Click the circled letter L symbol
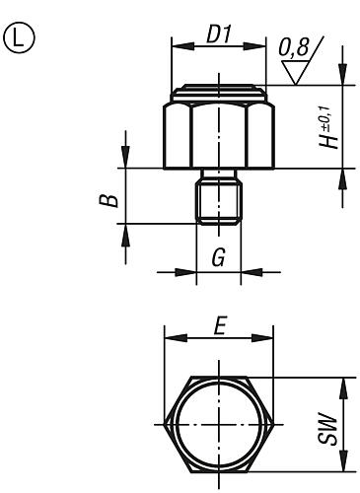click(20, 39)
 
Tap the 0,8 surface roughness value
click(294, 47)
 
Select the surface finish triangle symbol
click(296, 72)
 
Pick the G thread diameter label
click(219, 257)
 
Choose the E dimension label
click(220, 325)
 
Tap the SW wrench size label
click(328, 431)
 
